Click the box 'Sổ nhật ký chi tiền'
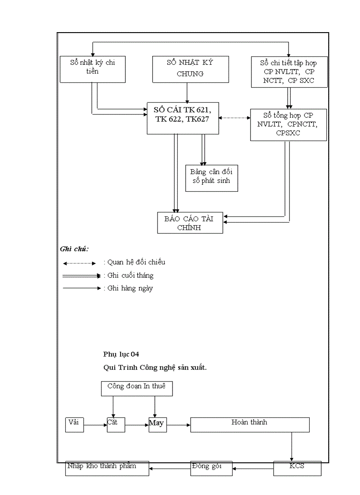coord(92,69)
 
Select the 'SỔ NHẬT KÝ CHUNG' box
coord(190,69)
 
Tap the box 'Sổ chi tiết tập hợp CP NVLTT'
coord(289,71)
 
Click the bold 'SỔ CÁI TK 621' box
coord(183,118)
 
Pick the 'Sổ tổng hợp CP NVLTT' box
coord(288,125)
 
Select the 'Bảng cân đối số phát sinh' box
coord(211,178)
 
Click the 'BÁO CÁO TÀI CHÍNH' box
coord(190,223)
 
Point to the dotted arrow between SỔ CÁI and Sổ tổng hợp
coord(234,118)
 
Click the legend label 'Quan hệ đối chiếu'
coord(135,262)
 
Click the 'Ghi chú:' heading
coord(74,249)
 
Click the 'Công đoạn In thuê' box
coord(136,388)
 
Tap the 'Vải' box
coord(74,424)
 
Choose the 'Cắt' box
coord(116,424)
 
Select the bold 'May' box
coord(157,424)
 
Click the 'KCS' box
coord(297,468)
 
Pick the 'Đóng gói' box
coord(211,468)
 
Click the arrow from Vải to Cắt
coord(95,425)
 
